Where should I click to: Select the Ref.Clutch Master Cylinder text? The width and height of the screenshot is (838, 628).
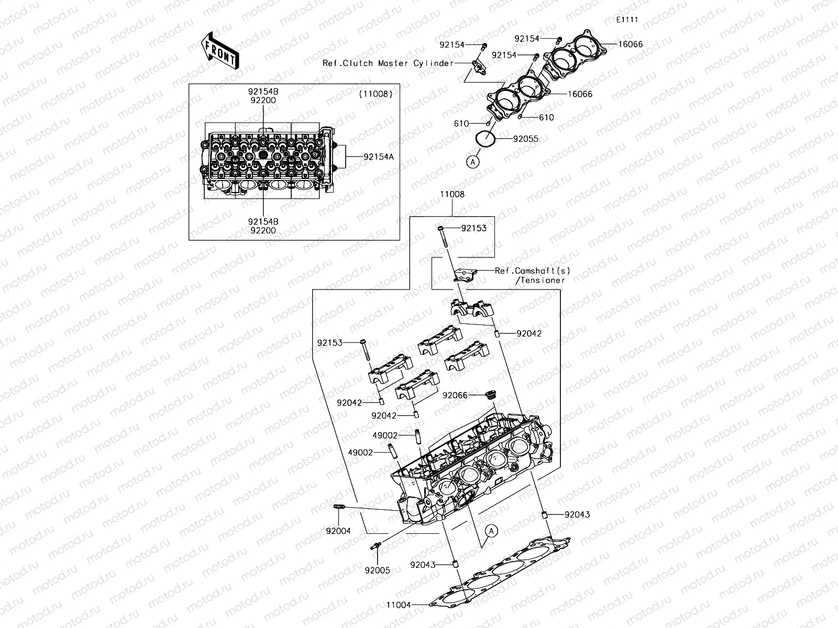(388, 63)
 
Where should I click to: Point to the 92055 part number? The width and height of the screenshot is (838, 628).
(525, 139)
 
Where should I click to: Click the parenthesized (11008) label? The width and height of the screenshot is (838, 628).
(376, 95)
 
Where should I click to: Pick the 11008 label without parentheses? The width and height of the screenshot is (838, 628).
(452, 194)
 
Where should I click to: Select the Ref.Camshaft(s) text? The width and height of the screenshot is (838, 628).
(532, 271)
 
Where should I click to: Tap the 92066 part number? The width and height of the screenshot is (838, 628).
(455, 396)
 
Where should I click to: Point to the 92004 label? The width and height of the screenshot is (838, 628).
(338, 531)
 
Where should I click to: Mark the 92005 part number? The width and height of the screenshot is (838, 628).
(378, 570)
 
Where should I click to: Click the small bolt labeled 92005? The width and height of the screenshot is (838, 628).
(376, 546)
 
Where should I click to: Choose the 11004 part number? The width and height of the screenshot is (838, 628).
(399, 605)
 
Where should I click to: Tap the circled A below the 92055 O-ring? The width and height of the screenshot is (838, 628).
(473, 162)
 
